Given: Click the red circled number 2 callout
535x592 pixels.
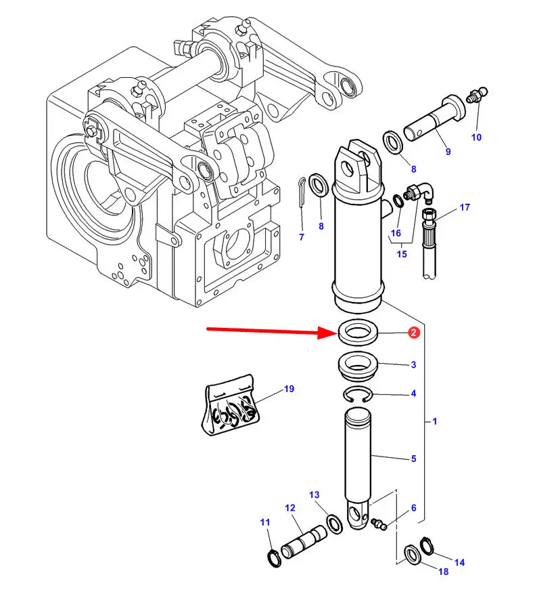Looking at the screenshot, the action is coord(414,333).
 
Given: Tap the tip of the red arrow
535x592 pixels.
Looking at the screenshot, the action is coord(338,333).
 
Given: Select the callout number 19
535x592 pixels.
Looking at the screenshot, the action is coord(289,389).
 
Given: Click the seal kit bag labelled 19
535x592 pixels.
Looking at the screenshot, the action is coord(231,405).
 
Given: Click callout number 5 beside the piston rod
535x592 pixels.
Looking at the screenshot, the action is coord(414,459).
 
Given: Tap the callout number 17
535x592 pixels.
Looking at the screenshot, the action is coord(465,207).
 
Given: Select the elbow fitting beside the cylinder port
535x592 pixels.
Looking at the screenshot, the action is coord(419,192).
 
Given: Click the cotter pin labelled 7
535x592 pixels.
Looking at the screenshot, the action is coord(302,192).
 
